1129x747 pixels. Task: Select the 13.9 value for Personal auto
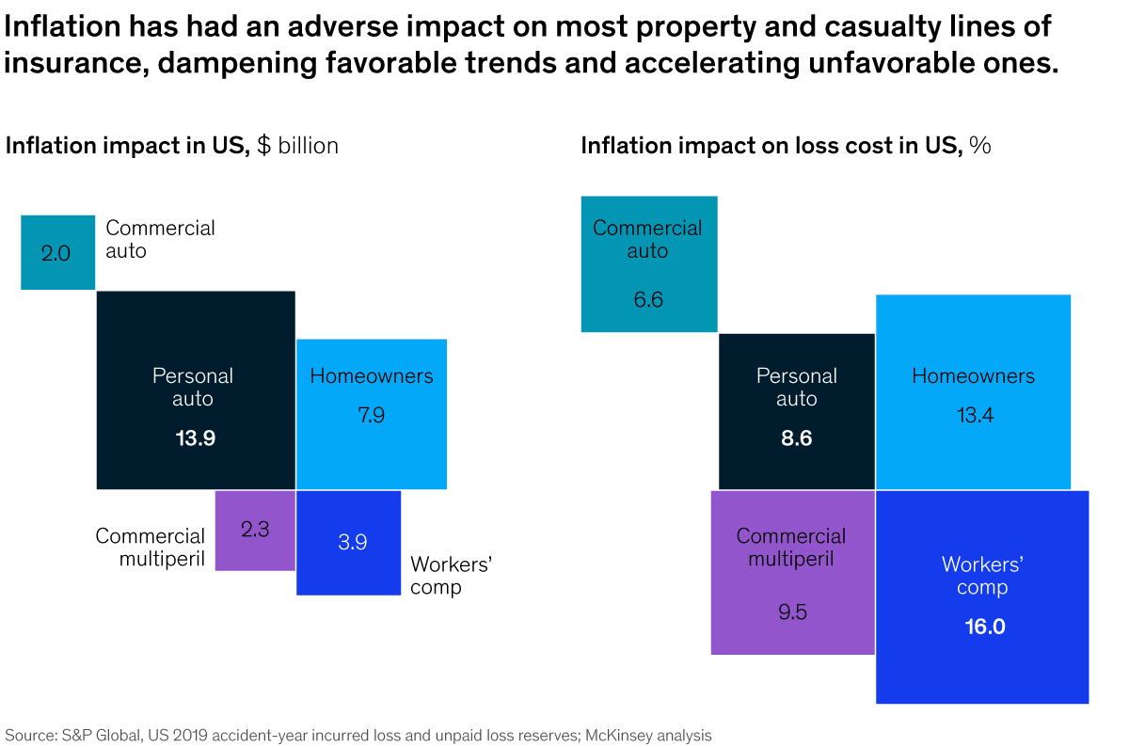coord(196,437)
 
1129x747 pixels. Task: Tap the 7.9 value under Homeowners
coord(371,414)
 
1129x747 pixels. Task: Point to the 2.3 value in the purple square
coord(255,529)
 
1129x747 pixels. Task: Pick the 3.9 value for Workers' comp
coord(352,542)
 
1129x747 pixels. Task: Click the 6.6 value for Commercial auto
coord(648,300)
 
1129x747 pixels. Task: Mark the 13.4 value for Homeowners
coord(973,414)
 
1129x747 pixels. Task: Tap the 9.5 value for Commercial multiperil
coord(791,612)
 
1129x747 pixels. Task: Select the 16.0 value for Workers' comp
coord(984,626)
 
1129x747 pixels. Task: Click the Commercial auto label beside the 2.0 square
coord(160,239)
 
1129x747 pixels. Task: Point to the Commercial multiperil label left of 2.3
coord(150,548)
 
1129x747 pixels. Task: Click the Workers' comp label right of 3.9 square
coord(452,575)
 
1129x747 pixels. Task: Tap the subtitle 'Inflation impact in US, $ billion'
coord(172,146)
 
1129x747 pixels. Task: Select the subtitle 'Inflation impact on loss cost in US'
coord(771,146)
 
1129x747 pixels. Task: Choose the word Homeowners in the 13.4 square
coord(973,376)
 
